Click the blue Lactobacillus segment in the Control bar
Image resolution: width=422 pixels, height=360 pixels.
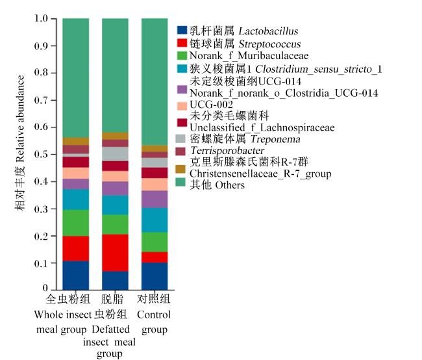[155, 276]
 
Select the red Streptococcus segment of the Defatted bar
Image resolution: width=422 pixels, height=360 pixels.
[115, 253]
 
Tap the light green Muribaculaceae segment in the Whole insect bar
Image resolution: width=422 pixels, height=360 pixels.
[75, 223]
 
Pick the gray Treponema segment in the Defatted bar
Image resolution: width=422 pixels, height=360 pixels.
[115, 154]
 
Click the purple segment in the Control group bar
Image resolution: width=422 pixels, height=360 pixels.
[155, 199]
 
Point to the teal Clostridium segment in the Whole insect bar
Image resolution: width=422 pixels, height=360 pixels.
[75, 199]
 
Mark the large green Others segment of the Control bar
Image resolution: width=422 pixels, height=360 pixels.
[155, 82]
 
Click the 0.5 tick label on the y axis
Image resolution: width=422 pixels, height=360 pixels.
[41, 154]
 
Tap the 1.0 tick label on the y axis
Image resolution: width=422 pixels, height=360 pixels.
[41, 19]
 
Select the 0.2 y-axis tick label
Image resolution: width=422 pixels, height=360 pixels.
[41, 236]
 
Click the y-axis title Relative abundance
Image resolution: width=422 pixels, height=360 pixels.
[20, 118]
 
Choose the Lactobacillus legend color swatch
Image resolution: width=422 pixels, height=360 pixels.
[182, 30]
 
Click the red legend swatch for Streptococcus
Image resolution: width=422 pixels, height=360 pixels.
[182, 43]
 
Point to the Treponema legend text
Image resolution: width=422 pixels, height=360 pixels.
[245, 139]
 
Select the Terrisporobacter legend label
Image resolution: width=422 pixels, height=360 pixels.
[227, 150]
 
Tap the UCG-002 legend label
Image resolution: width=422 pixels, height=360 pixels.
[211, 105]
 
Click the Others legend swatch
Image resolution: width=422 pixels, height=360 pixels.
[180, 182]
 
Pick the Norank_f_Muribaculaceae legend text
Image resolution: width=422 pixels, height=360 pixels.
[249, 56]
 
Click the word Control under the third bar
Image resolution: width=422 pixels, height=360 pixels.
[154, 315]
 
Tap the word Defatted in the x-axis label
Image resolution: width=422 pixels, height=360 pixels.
[110, 329]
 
